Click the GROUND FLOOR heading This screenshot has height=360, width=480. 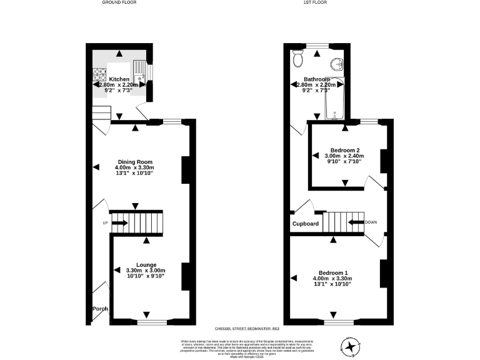(120, 2)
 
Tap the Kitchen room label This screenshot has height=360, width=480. (119, 79)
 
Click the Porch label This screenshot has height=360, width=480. (100, 309)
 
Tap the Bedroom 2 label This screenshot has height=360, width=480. (344, 150)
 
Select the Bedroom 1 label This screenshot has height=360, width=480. (332, 272)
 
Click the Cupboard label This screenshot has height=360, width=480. (306, 224)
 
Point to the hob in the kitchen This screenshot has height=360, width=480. (99, 75)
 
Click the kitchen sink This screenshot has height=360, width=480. (140, 69)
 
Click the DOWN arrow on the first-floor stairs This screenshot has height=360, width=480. (356, 222)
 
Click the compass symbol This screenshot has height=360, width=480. (350, 344)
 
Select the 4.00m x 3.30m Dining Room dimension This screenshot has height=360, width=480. (134, 167)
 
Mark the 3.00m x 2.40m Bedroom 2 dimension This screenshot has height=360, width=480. (344, 156)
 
